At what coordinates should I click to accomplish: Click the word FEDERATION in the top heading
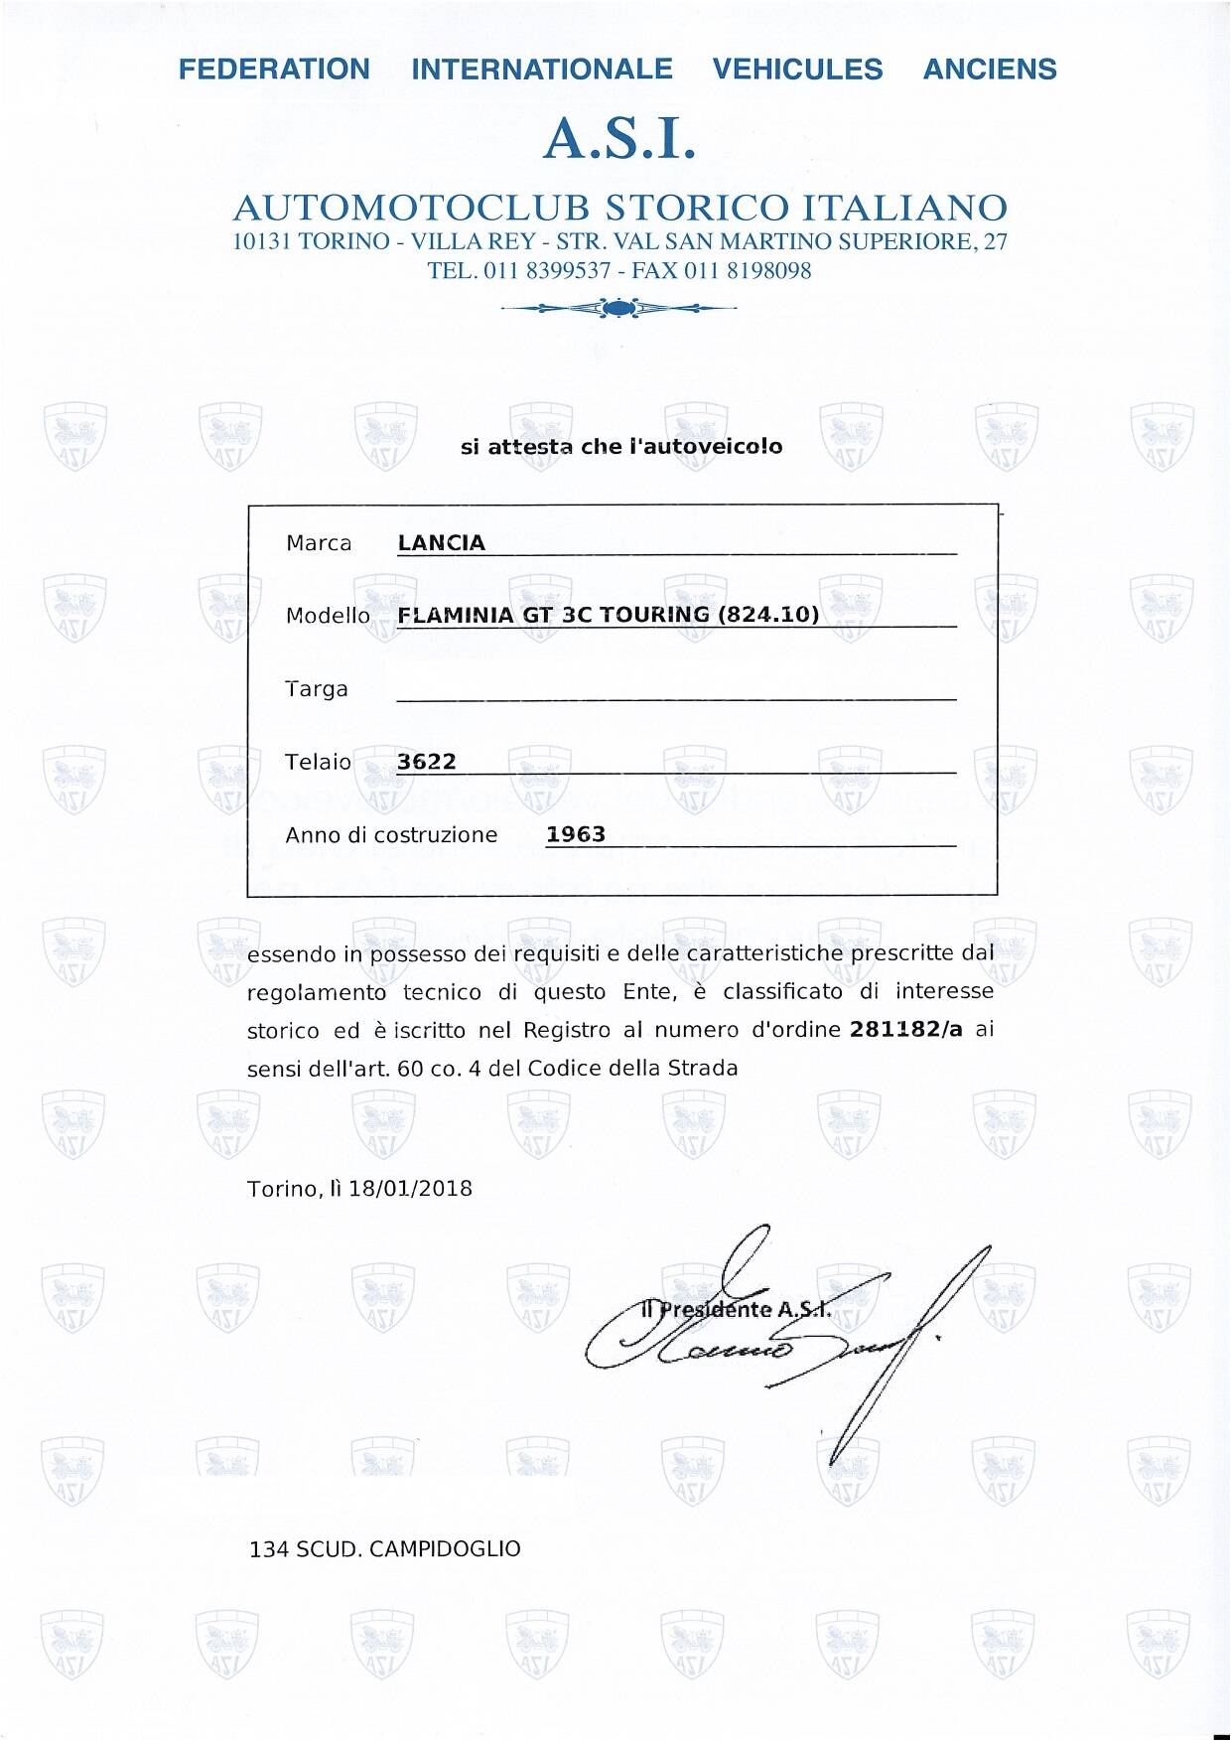(x=274, y=70)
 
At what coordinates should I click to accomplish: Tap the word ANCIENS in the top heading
(x=990, y=70)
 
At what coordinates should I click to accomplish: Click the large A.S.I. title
(x=619, y=139)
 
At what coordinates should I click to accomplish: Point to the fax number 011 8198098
(x=748, y=271)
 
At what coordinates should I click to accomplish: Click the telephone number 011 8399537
(x=547, y=271)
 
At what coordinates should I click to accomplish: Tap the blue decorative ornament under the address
(x=619, y=309)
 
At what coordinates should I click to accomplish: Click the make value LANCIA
(x=441, y=543)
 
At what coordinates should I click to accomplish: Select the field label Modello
(x=328, y=616)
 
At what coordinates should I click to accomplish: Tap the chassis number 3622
(x=427, y=762)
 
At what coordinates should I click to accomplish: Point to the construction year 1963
(x=576, y=834)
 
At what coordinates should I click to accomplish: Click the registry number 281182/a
(x=906, y=1030)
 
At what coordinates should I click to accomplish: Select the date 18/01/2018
(x=410, y=1189)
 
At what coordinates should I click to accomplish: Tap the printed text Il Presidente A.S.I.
(x=736, y=1309)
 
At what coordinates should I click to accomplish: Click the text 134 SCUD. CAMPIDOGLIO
(x=385, y=1549)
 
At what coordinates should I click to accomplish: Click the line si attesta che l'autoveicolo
(x=621, y=447)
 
